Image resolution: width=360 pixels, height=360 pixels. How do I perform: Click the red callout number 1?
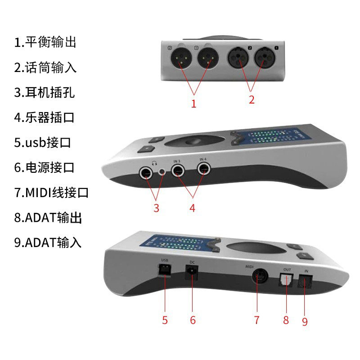(193, 104)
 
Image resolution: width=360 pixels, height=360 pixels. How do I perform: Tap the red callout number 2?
(252, 100)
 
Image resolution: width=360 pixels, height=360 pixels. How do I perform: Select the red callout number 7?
(256, 320)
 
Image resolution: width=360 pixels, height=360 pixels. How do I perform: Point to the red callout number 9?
(305, 322)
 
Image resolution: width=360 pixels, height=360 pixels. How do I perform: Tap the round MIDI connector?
(257, 276)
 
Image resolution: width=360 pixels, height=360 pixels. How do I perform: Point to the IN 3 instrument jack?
(178, 170)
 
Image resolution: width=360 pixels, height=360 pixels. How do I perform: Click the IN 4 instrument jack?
(204, 169)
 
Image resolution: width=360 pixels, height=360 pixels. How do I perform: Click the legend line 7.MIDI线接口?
(51, 193)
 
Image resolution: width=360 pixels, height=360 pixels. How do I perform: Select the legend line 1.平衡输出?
(45, 43)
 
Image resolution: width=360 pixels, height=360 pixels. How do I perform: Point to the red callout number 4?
(192, 208)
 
